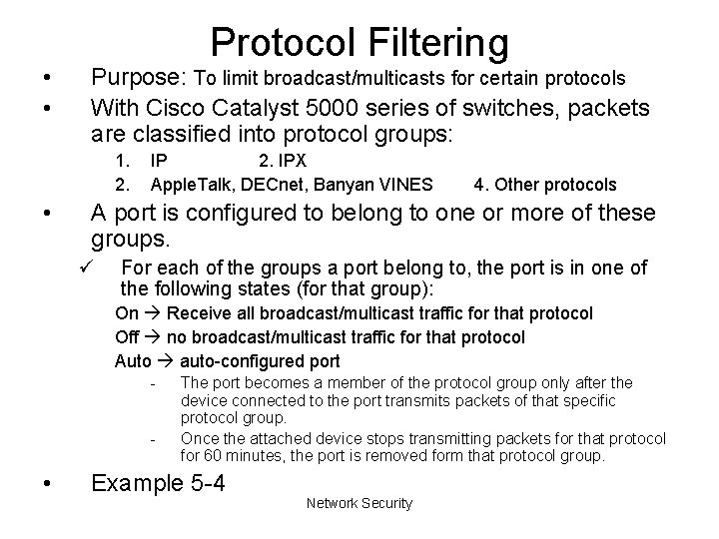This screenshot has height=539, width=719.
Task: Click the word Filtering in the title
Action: pos(431,42)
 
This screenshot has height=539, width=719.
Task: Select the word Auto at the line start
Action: pos(133,361)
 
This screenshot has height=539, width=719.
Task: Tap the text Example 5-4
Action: pos(157,484)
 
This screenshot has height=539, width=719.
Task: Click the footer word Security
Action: pos(385,503)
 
